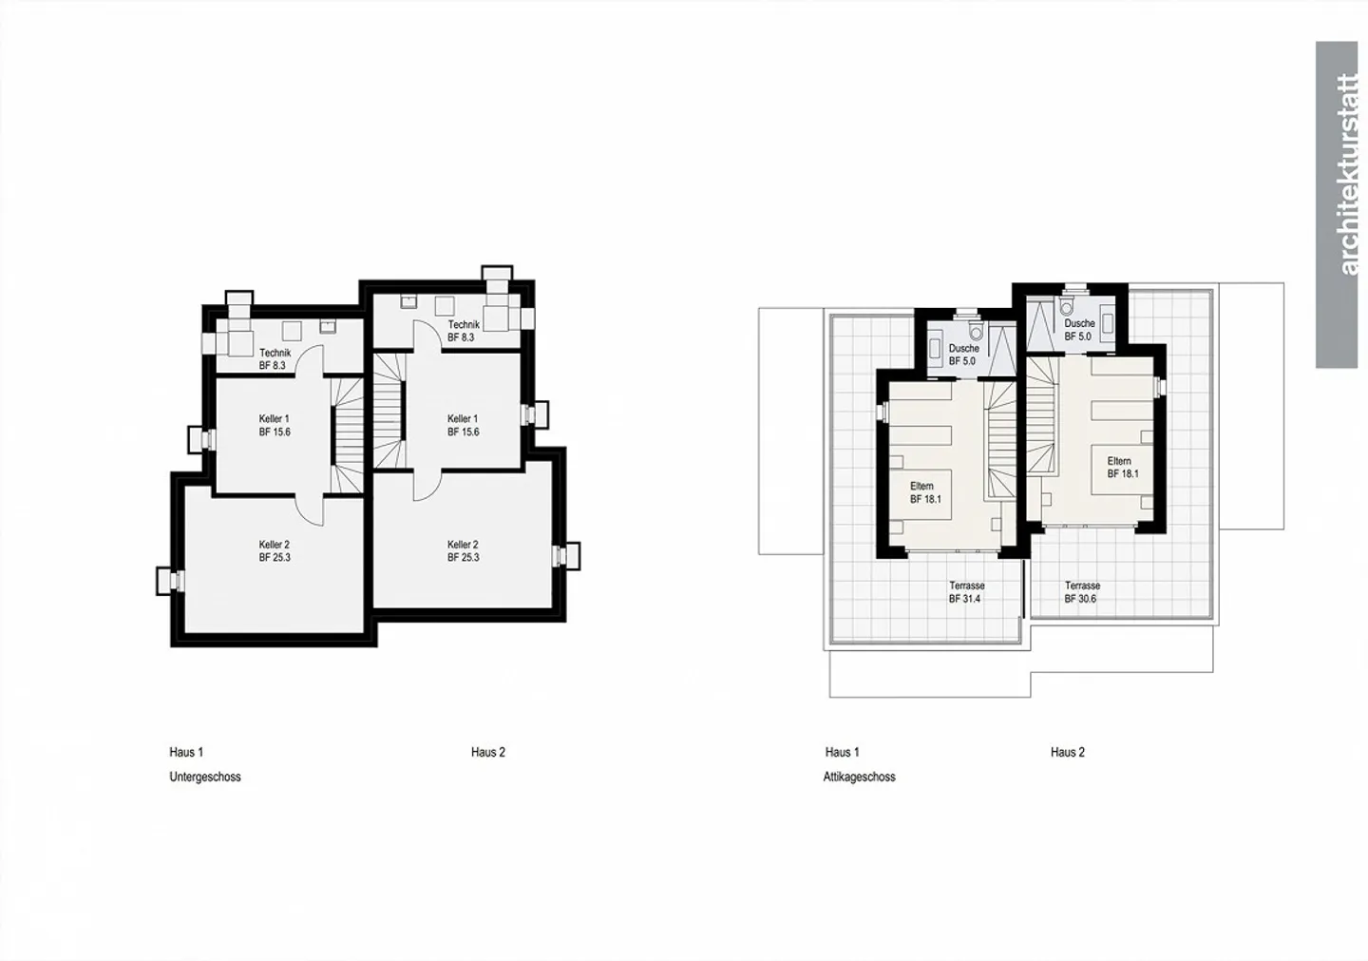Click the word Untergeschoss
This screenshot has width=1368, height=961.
pyautogui.click(x=205, y=777)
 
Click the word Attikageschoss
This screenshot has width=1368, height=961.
pyautogui.click(x=859, y=777)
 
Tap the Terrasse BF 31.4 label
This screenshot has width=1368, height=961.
pyautogui.click(x=967, y=592)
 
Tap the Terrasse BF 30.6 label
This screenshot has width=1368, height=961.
pyautogui.click(x=1082, y=592)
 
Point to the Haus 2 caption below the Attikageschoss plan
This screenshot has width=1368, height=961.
pyautogui.click(x=1068, y=752)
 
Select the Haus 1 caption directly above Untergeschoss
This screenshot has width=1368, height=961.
pyautogui.click(x=186, y=752)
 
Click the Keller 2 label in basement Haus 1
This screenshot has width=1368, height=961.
pyautogui.click(x=275, y=550)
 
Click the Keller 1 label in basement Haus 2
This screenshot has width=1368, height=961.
pyautogui.click(x=463, y=425)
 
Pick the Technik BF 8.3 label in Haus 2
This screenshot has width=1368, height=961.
pyautogui.click(x=464, y=331)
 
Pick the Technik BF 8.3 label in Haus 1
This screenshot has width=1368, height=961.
pyautogui.click(x=275, y=359)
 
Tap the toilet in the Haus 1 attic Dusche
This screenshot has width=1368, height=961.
pyautogui.click(x=976, y=331)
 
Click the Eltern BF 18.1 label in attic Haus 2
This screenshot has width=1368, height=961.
pyautogui.click(x=1123, y=468)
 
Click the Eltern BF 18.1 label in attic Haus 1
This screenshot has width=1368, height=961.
pyautogui.click(x=925, y=492)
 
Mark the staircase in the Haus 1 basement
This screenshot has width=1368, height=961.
pyautogui.click(x=348, y=435)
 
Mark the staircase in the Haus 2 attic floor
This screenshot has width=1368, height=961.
pyautogui.click(x=1042, y=415)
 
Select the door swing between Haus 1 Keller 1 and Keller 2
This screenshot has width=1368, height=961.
pyautogui.click(x=310, y=510)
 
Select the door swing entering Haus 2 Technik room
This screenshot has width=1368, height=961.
pyautogui.click(x=427, y=336)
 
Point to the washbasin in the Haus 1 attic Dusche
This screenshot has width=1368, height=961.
pyautogui.click(x=935, y=349)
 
